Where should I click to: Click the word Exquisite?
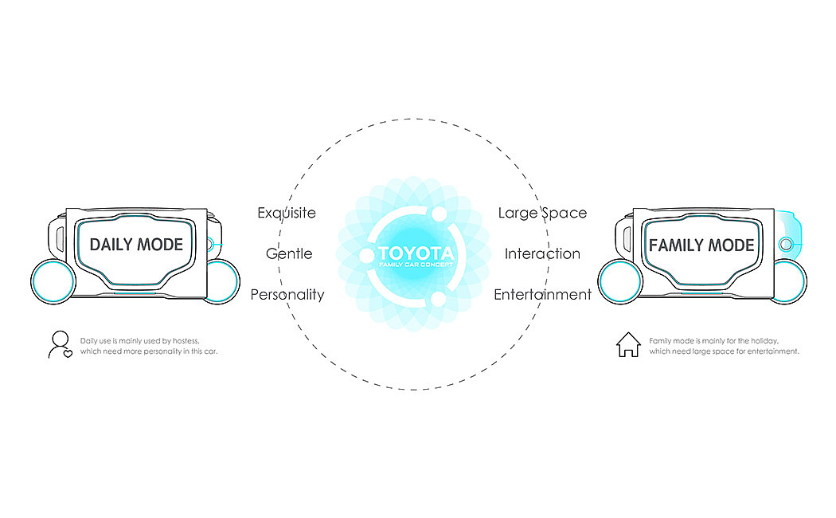(x=287, y=213)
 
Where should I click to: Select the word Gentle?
(x=288, y=253)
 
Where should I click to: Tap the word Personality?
(x=287, y=294)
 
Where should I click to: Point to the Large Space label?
(x=542, y=213)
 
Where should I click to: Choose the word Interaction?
(x=542, y=253)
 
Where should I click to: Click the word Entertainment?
(x=542, y=294)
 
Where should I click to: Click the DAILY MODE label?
(x=136, y=245)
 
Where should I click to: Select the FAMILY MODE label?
(x=701, y=245)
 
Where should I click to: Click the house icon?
(x=628, y=345)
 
